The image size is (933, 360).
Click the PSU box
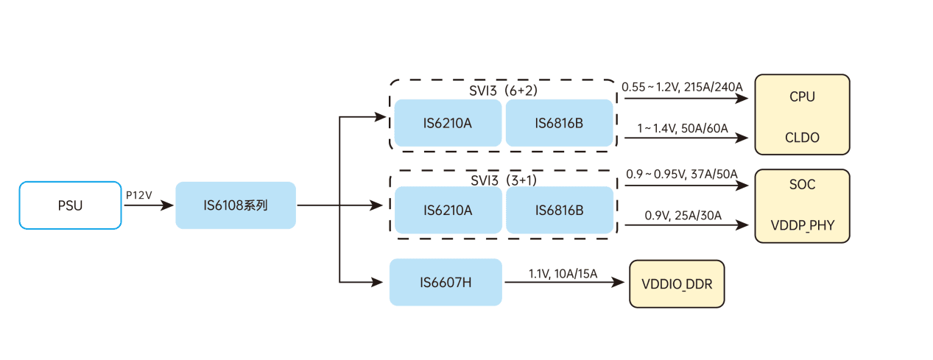(x=70, y=205)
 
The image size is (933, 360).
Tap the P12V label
(x=139, y=195)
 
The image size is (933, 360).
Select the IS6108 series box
(x=236, y=205)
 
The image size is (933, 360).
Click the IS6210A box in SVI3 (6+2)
(x=448, y=123)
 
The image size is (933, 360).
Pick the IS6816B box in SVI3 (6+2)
(x=559, y=123)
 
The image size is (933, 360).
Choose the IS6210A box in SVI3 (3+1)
(x=448, y=211)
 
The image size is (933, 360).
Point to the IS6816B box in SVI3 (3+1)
(x=560, y=211)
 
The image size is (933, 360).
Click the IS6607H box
(x=446, y=282)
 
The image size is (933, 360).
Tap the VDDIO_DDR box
(x=677, y=283)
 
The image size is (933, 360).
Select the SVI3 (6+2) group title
(x=503, y=91)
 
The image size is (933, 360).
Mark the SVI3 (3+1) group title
(x=504, y=180)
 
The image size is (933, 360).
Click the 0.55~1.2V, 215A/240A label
(x=682, y=87)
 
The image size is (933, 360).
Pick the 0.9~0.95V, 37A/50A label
(x=681, y=174)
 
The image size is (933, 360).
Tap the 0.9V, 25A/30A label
(x=683, y=216)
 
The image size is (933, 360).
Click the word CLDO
(x=802, y=138)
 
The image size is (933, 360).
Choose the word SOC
(x=802, y=185)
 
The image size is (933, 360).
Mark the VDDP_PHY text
(x=802, y=225)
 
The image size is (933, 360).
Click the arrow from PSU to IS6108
(x=148, y=206)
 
